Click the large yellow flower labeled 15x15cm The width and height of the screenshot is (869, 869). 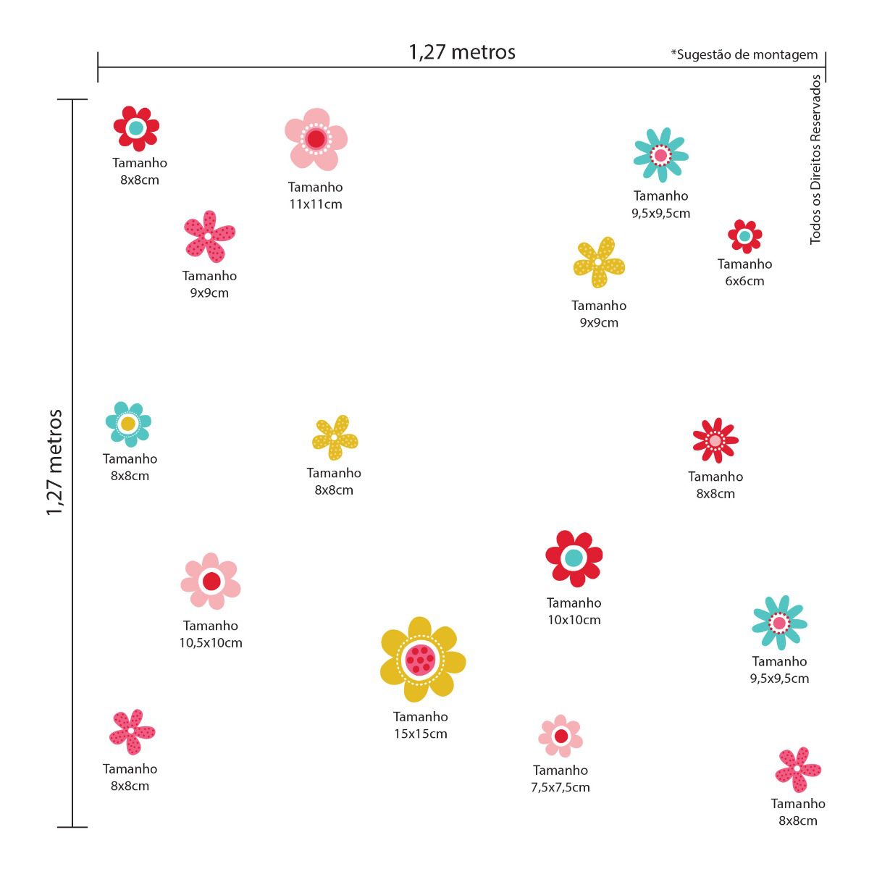click(421, 659)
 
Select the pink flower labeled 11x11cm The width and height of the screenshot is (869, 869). click(316, 139)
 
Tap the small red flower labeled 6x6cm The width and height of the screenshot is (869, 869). click(744, 236)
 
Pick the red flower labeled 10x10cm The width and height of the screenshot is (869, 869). click(574, 558)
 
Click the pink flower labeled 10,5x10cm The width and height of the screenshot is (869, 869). click(211, 582)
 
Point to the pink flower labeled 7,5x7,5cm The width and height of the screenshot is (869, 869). click(561, 736)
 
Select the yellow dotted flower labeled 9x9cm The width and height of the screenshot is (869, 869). click(598, 262)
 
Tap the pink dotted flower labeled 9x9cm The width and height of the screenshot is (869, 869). click(209, 236)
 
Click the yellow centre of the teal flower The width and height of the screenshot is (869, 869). click(128, 424)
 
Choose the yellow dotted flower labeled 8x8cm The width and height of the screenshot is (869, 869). click(334, 437)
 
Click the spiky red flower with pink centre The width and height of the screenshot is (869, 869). click(715, 440)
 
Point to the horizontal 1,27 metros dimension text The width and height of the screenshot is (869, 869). click(462, 52)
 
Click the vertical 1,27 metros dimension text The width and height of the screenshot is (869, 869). click(55, 463)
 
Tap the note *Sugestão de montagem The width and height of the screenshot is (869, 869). click(744, 54)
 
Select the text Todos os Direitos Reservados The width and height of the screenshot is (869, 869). click(816, 159)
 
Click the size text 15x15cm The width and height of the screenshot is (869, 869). click(421, 734)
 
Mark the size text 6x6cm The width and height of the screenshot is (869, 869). click(744, 281)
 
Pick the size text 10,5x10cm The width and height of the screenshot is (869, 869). click(211, 642)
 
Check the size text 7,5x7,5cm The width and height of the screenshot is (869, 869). click(561, 787)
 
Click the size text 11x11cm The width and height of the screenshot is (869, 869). click(316, 204)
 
